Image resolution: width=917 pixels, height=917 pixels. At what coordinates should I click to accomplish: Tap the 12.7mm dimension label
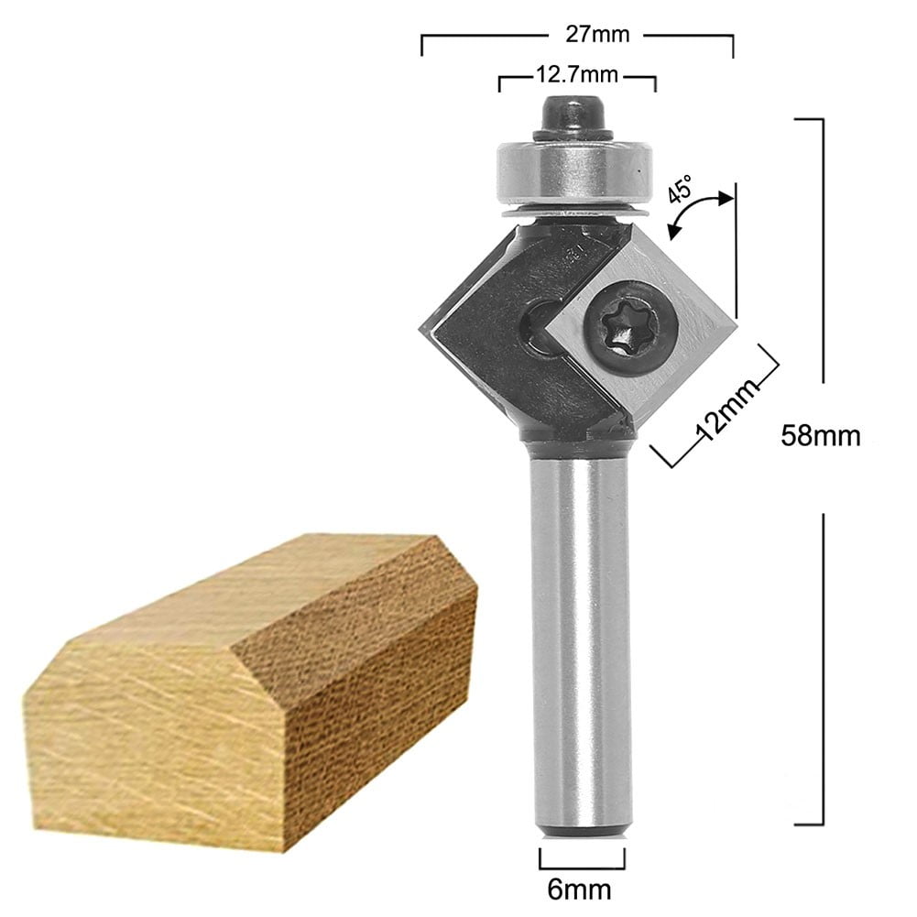[x=575, y=73]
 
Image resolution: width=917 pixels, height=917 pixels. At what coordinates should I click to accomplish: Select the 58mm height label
[x=820, y=435]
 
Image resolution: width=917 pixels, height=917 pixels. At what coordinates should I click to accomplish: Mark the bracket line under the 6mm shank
[x=584, y=866]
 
